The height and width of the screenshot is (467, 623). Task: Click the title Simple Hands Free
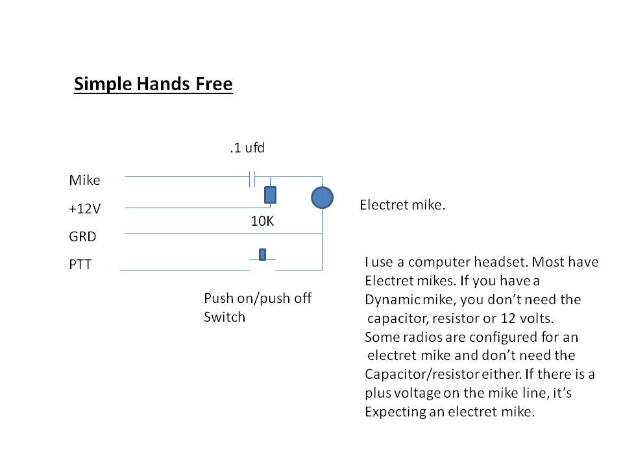coord(153,84)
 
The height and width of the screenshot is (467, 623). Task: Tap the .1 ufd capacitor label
coord(247,149)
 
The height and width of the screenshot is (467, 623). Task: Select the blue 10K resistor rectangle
coord(270,195)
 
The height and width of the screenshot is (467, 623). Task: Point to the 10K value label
coord(262,221)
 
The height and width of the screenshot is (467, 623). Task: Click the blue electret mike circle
coord(322,197)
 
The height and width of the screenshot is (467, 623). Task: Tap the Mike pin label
coord(84,180)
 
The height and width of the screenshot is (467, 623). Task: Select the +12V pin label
coord(86,209)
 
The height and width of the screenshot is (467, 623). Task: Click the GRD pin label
coord(82,237)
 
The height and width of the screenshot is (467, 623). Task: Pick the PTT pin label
coord(81,265)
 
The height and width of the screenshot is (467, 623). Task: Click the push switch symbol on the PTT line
coord(262,256)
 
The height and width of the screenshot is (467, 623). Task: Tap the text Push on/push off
coord(258,298)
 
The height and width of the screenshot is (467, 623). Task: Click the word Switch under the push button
coord(225,317)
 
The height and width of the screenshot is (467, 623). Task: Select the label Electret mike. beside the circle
coord(402,206)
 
